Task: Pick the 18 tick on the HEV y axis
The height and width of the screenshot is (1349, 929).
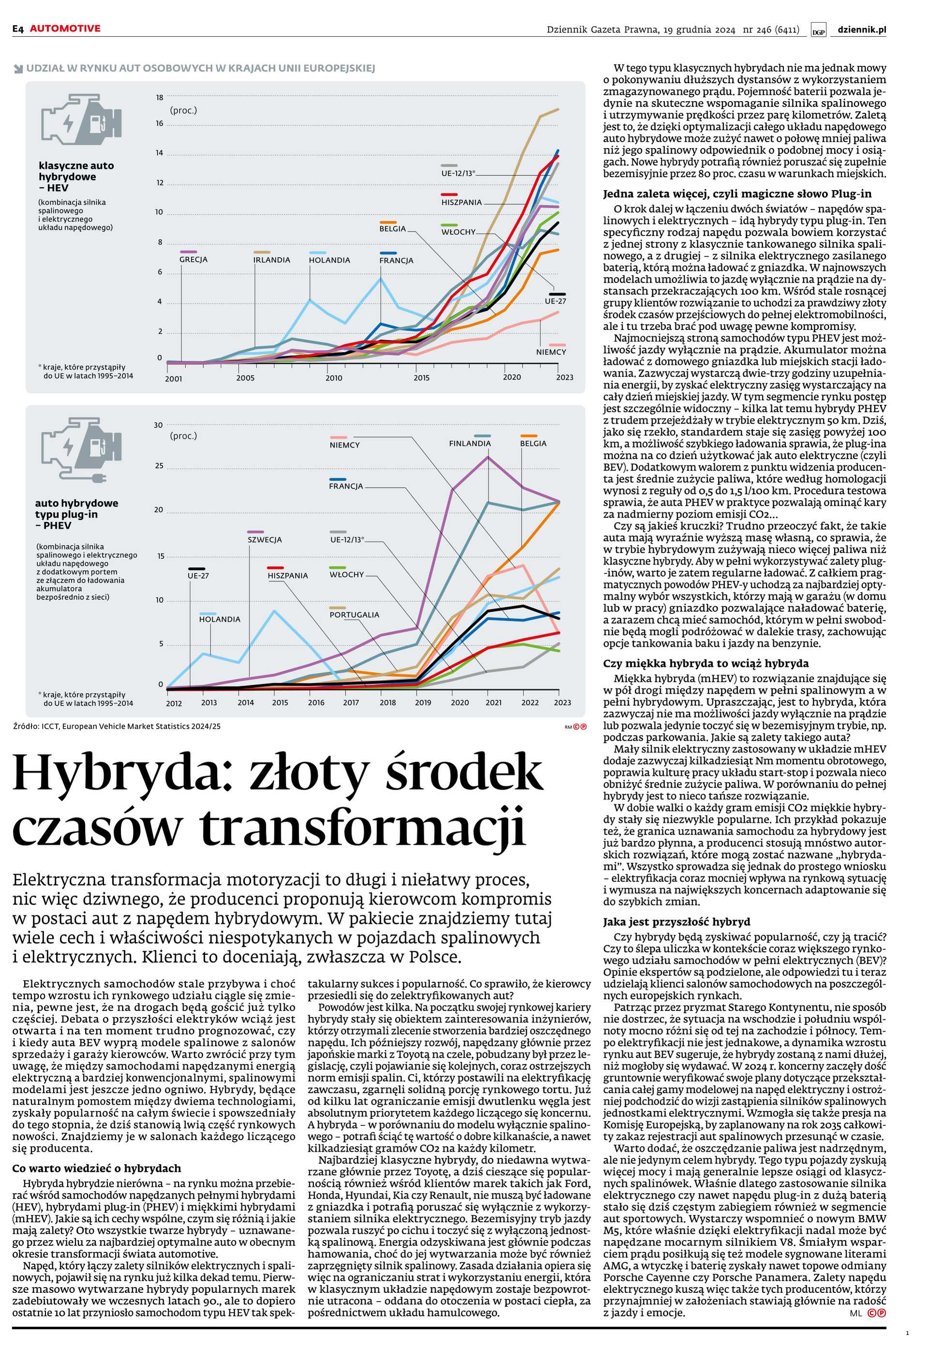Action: tap(160, 98)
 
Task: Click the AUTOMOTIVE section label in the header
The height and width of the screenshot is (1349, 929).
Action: tap(65, 29)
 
